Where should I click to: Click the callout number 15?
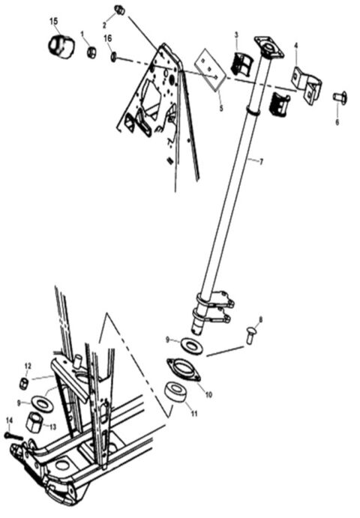tap(53, 20)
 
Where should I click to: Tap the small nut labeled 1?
tap(91, 53)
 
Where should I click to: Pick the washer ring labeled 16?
tap(112, 56)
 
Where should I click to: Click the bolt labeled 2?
tap(118, 10)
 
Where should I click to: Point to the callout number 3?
tap(235, 34)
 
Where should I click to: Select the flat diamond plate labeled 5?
tap(211, 68)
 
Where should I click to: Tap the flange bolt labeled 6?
tap(338, 97)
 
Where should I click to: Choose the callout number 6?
tap(337, 122)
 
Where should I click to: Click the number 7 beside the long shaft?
tap(262, 161)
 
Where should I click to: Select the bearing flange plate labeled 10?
tap(181, 370)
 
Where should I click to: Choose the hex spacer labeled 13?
tap(34, 422)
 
